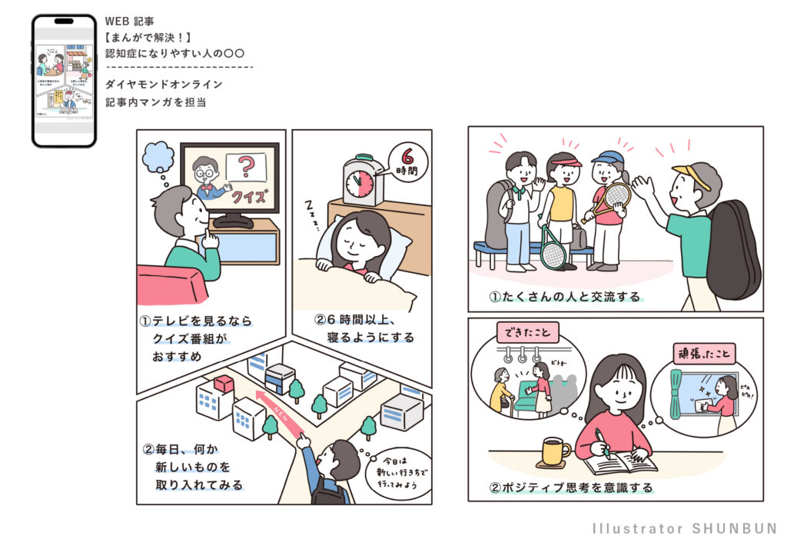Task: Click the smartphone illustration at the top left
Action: point(64,81)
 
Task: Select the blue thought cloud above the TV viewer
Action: point(159,157)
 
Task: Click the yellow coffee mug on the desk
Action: point(553,451)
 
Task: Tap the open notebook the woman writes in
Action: point(620,464)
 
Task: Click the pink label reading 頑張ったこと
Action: point(704,353)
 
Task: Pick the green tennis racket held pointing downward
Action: point(553,249)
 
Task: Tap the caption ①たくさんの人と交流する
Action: point(565,297)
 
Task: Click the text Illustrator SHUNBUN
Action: point(685,529)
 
